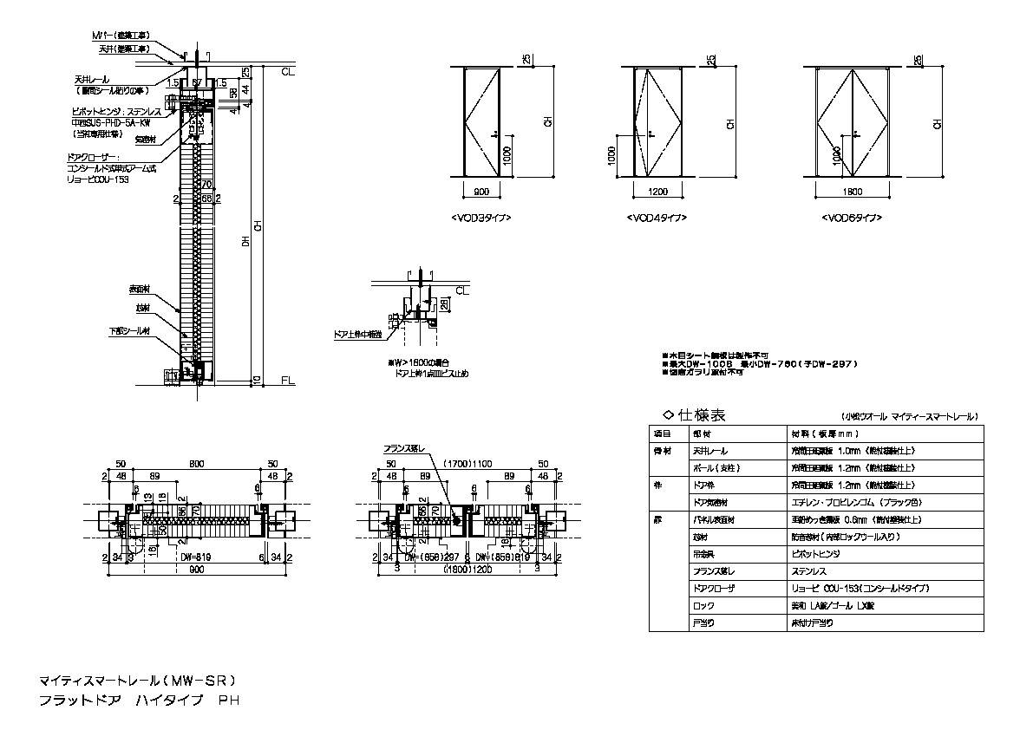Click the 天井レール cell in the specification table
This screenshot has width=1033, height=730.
point(710,451)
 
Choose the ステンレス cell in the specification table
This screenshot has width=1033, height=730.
point(808,570)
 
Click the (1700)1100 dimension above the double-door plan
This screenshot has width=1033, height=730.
point(468,464)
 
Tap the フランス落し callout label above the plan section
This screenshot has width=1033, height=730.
point(404,449)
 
